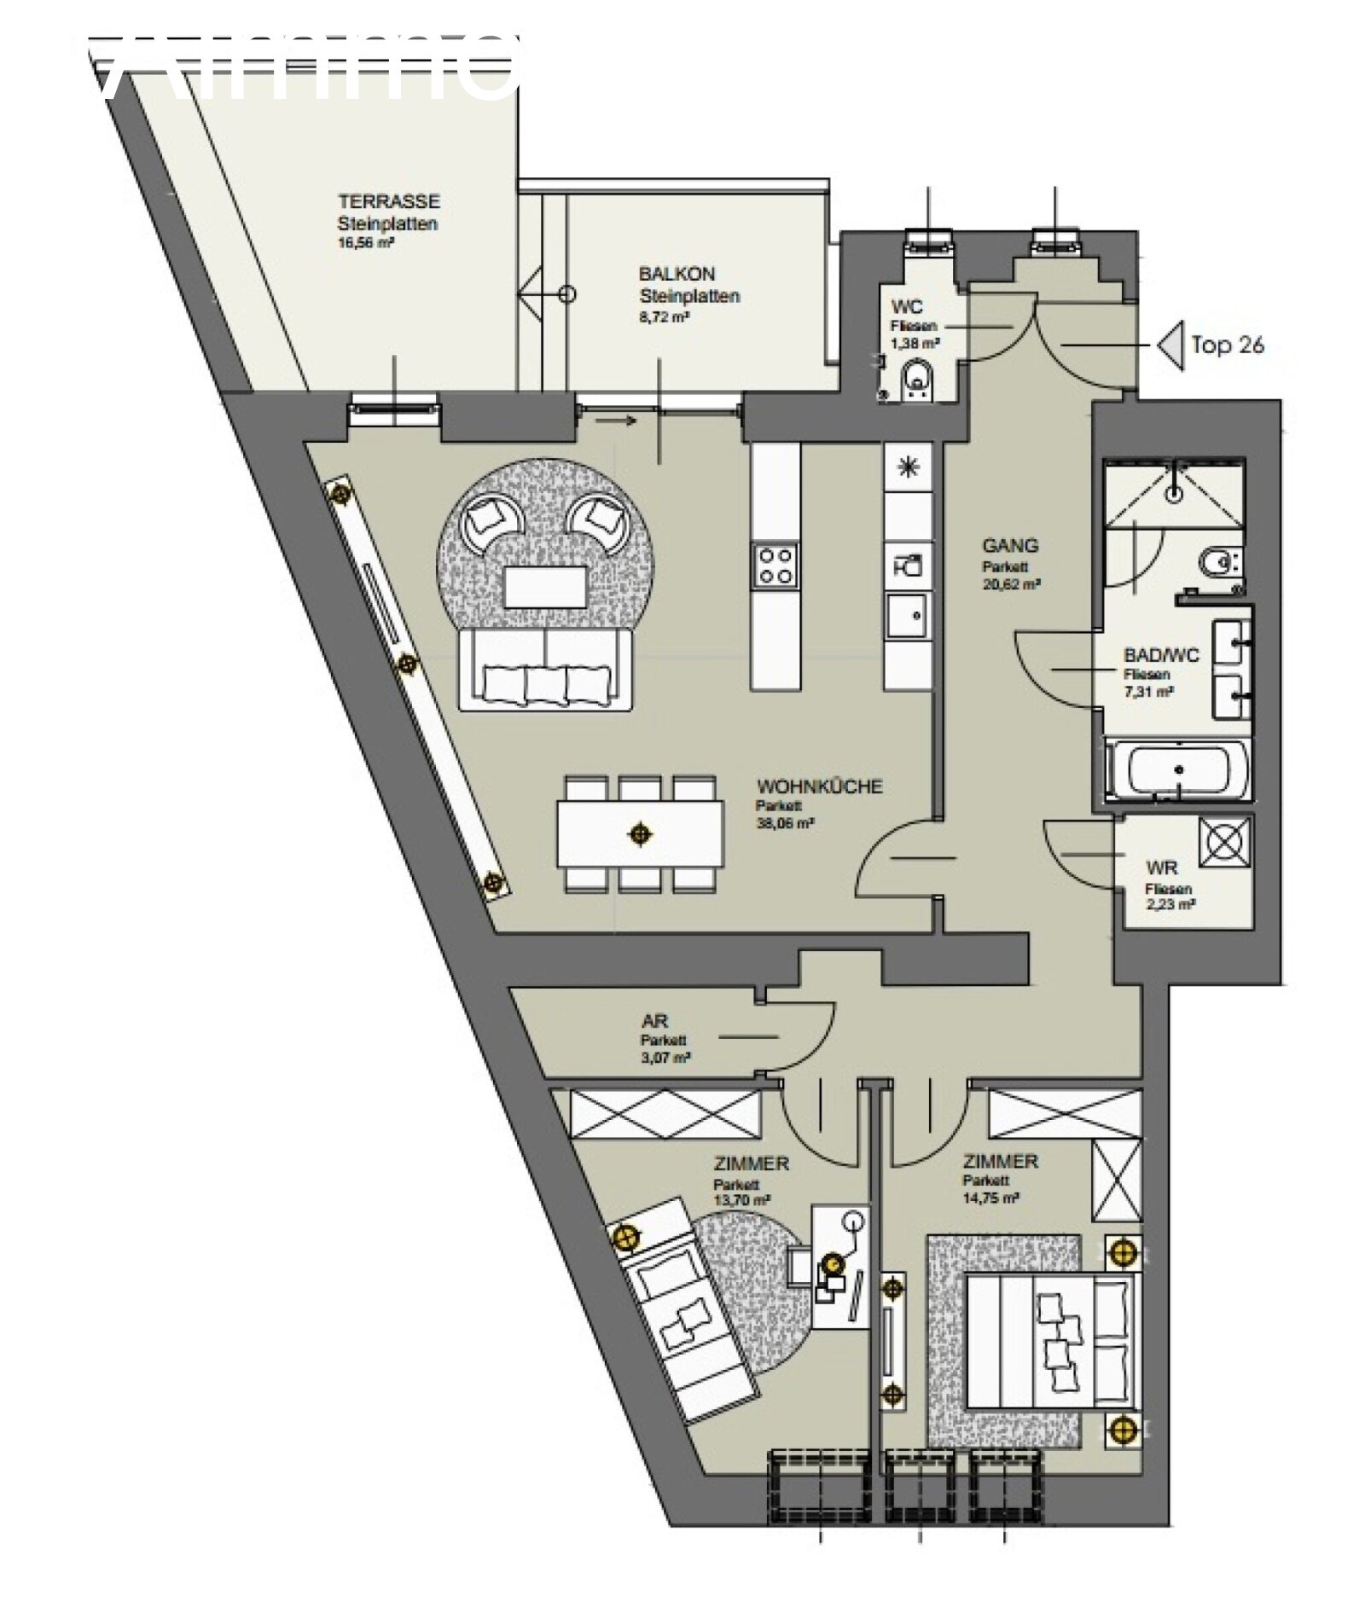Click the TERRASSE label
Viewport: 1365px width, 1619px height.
click(x=388, y=201)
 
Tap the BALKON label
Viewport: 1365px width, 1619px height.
click(x=676, y=274)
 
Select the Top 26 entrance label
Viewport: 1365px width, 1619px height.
click(x=1226, y=345)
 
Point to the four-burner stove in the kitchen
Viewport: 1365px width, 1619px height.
click(x=775, y=565)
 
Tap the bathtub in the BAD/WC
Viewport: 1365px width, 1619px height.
click(x=1177, y=769)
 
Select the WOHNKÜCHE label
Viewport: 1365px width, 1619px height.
click(x=819, y=786)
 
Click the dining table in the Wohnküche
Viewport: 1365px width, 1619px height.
click(x=640, y=833)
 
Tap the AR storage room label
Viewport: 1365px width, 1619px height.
click(x=655, y=1021)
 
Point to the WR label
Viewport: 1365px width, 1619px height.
click(x=1161, y=868)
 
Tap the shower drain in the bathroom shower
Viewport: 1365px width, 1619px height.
click(x=1176, y=491)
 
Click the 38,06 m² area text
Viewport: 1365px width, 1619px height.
click(x=784, y=824)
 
